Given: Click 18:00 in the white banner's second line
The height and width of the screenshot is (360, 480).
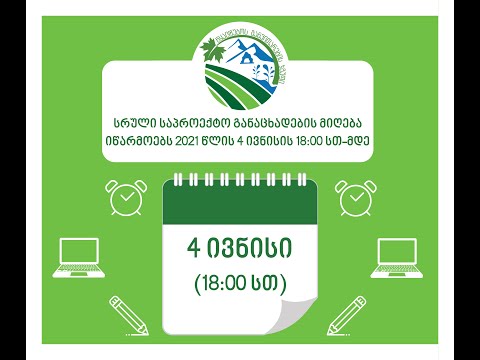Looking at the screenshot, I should pyautogui.click(x=312, y=139).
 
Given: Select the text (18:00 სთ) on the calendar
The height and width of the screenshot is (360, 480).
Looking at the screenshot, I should pyautogui.click(x=240, y=283).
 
